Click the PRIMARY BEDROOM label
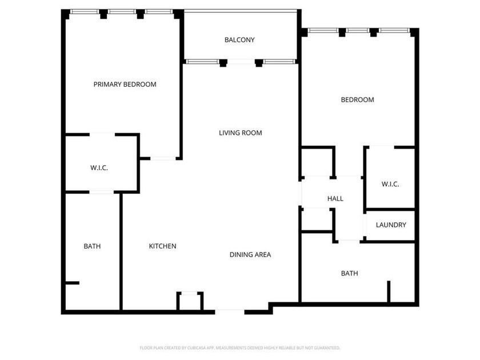pyautogui.click(x=125, y=85)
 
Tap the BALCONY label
pyautogui.click(x=239, y=40)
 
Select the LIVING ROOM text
pyautogui.click(x=240, y=133)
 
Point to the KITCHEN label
pyautogui.click(x=162, y=246)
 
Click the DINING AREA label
pyautogui.click(x=250, y=255)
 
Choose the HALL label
pyautogui.click(x=335, y=199)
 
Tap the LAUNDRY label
pyautogui.click(x=391, y=225)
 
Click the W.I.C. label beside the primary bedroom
pyautogui.click(x=99, y=168)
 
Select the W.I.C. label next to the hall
pyautogui.click(x=390, y=185)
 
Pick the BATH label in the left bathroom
pyautogui.click(x=92, y=247)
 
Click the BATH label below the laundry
pyautogui.click(x=350, y=274)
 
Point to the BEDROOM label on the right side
pyautogui.click(x=357, y=100)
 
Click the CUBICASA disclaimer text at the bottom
pyautogui.click(x=240, y=347)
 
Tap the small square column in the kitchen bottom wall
pyautogui.click(x=189, y=301)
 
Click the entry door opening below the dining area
pyautogui.click(x=230, y=311)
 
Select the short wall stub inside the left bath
pyautogui.click(x=72, y=282)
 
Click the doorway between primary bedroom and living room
pyautogui.click(x=163, y=158)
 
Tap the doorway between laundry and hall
pyautogui.click(x=364, y=226)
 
